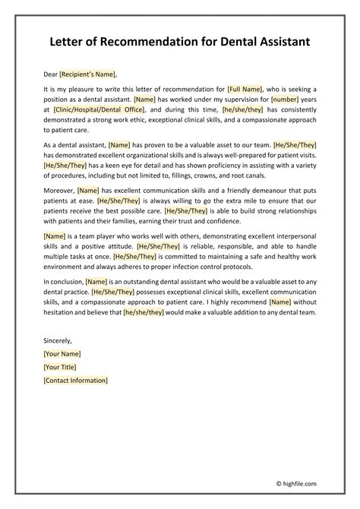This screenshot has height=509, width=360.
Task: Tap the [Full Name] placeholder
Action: coord(247,90)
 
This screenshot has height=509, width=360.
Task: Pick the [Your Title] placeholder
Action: coord(62,367)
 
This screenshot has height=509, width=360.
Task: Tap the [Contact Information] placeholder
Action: coord(76,380)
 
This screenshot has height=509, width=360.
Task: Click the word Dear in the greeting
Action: coord(51,74)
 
